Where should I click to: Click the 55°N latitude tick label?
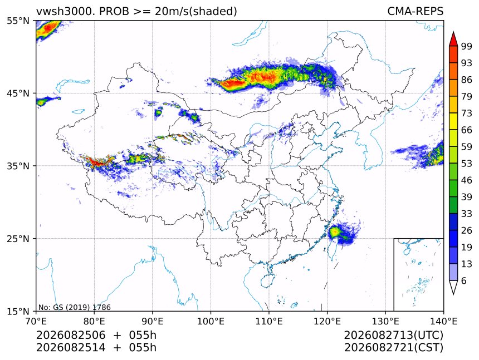pos(18,21)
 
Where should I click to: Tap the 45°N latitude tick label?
pos(18,93)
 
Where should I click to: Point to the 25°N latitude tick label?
pos(18,238)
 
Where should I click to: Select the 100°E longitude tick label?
pos(211,321)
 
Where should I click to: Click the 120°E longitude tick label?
pos(327,321)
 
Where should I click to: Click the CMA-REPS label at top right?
pos(415,11)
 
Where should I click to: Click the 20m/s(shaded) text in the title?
pos(196,12)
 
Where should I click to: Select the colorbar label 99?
pos(467,46)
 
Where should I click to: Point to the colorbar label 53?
pos(467,164)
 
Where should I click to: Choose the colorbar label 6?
pos(464,280)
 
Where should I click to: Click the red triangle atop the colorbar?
pos(453,40)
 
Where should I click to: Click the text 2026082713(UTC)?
pos(393,336)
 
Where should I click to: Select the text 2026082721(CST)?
pos(393,348)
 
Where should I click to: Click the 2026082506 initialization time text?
pos(71,336)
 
